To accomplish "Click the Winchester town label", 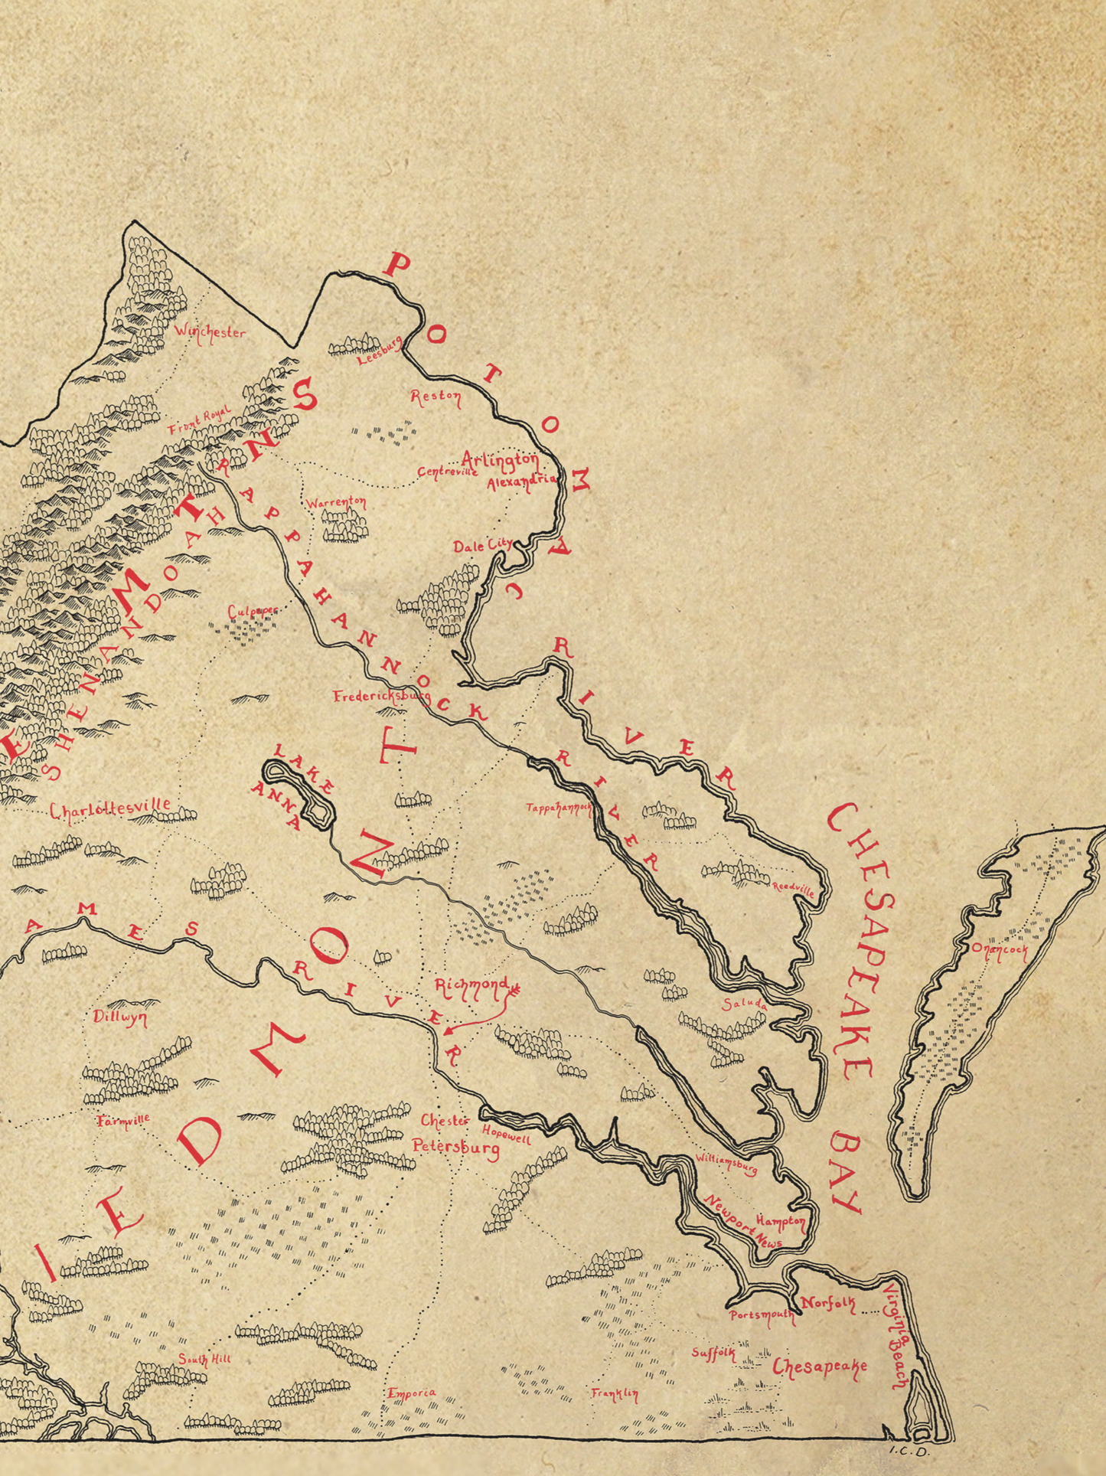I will point(210,333).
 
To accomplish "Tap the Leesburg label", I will point(380,351).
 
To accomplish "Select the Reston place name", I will point(436,397).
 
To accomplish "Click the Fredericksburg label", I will point(380,697).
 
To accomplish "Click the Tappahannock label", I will point(559,808).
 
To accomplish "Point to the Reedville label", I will point(792,887).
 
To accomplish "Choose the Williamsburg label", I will point(726,1164).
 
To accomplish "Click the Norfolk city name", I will point(828,1303).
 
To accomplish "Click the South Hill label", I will point(204,1360).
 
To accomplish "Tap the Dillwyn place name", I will point(120,1017).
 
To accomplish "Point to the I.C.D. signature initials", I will point(909,1449).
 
